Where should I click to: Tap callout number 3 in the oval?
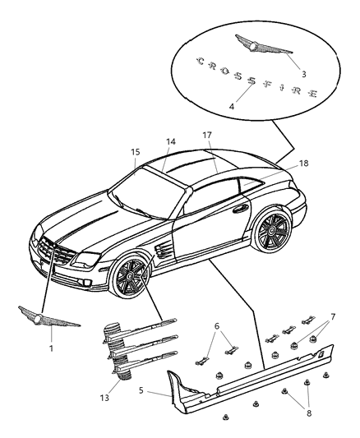pos(303,73)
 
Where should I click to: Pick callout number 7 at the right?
pos(334,316)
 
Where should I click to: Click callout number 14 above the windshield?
pos(170,141)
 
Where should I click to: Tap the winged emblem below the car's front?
pos(48,316)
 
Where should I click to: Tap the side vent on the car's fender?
pos(162,249)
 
